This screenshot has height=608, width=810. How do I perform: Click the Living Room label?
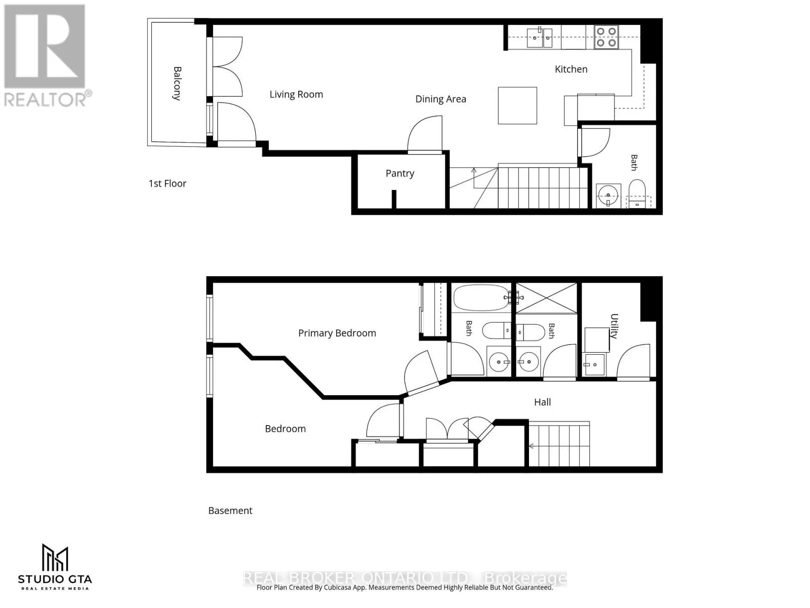(296, 95)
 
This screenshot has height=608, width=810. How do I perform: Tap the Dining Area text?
(440, 99)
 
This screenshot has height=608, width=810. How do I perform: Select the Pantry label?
(399, 173)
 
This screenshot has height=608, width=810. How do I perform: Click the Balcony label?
(177, 84)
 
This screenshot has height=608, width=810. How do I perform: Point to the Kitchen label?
(571, 69)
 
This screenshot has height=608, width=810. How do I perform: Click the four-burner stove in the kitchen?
(606, 37)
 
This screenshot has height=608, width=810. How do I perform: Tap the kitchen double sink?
(539, 37)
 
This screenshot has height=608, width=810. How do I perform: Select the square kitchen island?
(517, 105)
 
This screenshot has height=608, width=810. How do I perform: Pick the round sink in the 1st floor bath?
(608, 195)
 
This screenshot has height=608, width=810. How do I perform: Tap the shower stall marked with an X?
(546, 298)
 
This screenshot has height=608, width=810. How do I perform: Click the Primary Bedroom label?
(337, 333)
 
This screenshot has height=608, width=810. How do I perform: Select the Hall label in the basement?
(542, 402)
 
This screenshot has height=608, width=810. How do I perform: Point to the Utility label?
(614, 326)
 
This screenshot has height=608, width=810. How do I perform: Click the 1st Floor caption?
(167, 183)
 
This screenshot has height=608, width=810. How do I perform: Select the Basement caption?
(230, 511)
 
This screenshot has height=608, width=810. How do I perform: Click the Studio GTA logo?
(55, 566)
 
